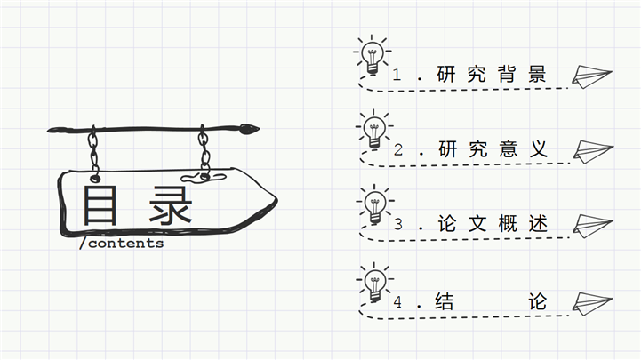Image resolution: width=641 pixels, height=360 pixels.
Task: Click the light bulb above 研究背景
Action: [371, 55]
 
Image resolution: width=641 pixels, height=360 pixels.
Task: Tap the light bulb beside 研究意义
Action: [373, 131]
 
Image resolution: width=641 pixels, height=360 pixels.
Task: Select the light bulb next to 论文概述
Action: [373, 205]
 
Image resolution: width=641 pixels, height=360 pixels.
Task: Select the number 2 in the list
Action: [397, 150]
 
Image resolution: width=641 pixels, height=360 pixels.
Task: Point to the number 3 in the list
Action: [397, 225]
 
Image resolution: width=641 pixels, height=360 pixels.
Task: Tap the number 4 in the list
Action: [397, 302]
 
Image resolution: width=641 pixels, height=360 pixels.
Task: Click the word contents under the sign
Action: [125, 243]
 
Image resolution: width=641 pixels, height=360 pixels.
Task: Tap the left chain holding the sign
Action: [92, 150]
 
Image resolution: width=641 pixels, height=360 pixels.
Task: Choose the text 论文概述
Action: [491, 225]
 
